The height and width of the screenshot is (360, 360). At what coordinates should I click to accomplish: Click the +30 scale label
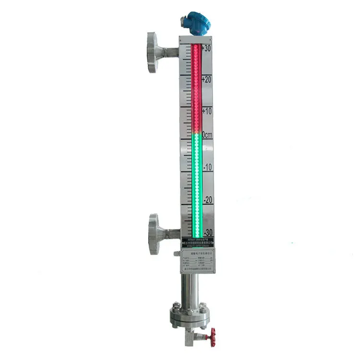pos(207,48)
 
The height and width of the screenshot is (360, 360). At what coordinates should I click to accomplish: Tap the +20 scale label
pos(207,79)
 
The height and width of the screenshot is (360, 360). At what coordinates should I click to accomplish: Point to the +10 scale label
pos(207,111)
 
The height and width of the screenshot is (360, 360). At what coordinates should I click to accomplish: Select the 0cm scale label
pos(207,135)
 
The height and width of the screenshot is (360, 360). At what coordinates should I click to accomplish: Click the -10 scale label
pos(207,167)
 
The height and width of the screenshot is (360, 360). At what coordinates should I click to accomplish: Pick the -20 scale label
pos(207,199)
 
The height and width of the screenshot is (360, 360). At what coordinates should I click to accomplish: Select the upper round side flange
pos(153,52)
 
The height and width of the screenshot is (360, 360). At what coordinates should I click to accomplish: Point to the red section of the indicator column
pos(196,86)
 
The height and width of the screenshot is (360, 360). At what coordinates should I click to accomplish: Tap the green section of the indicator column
pos(196,182)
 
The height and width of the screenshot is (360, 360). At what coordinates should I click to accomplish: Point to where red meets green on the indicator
pos(196,132)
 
